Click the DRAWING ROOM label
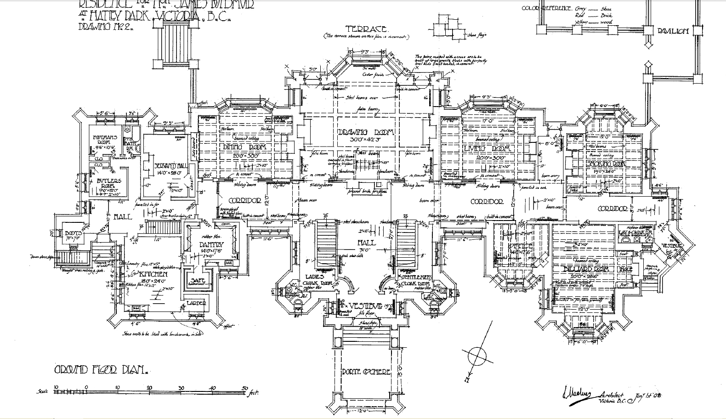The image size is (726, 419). coord(366,132)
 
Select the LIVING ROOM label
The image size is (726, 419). coord(487,149)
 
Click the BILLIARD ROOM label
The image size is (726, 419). coord(583,269)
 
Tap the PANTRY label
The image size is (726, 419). coord(211,245)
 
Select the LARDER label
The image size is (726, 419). coord(196,303)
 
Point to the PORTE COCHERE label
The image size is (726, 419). coord(366,372)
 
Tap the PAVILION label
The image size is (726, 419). coord(673,31)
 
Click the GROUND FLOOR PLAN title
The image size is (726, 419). coord(100,370)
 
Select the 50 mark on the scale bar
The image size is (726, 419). coord(244,388)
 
